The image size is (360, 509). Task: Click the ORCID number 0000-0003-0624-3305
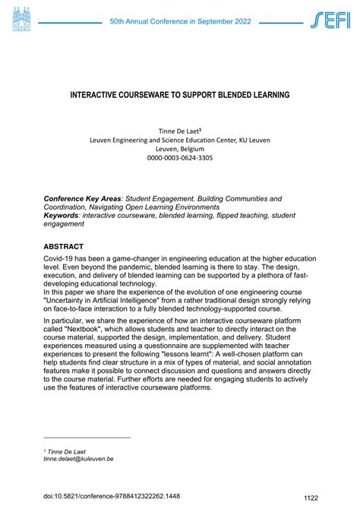[180, 157]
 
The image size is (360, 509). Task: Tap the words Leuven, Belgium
[179, 148]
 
